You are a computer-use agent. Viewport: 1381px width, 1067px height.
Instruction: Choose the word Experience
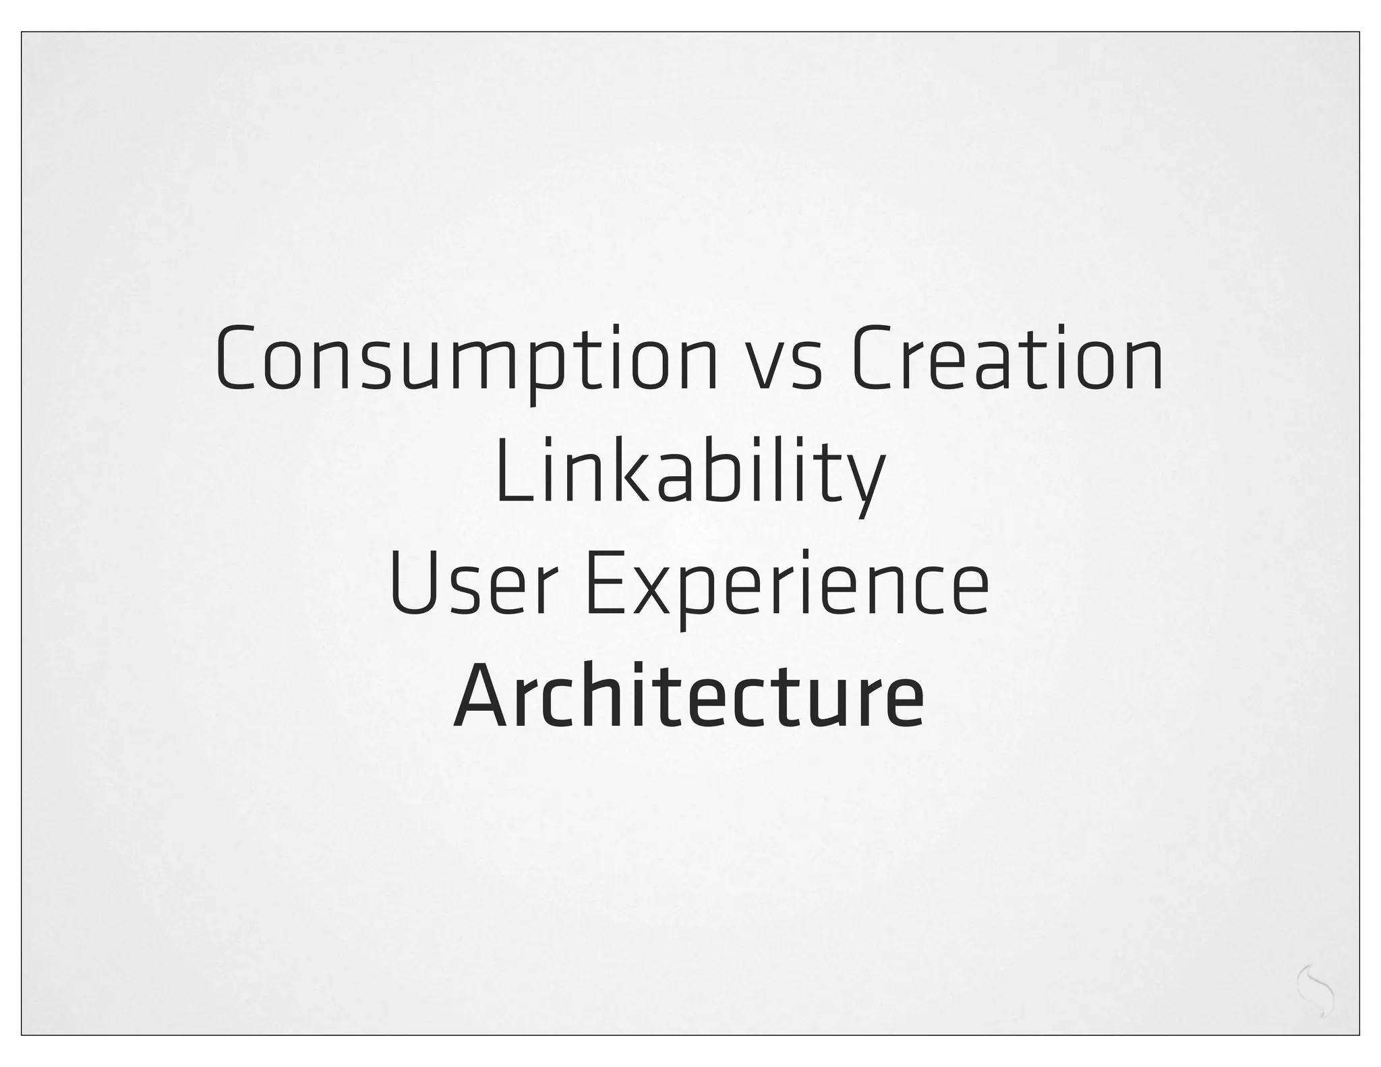point(786,583)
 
